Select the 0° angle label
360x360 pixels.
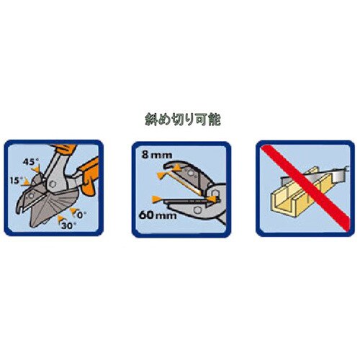81,215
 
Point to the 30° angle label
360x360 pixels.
68,225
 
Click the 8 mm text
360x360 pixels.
157,155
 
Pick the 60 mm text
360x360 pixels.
158,215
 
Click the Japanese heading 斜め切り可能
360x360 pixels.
183,120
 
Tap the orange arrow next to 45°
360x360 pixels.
36,169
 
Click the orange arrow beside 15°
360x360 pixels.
26,182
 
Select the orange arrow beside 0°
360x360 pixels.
73,211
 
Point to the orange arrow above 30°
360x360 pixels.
60,219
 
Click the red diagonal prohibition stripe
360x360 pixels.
305,186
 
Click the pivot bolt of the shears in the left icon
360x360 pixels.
53,184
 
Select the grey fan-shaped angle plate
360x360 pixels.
52,207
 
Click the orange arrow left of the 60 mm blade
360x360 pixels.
156,199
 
